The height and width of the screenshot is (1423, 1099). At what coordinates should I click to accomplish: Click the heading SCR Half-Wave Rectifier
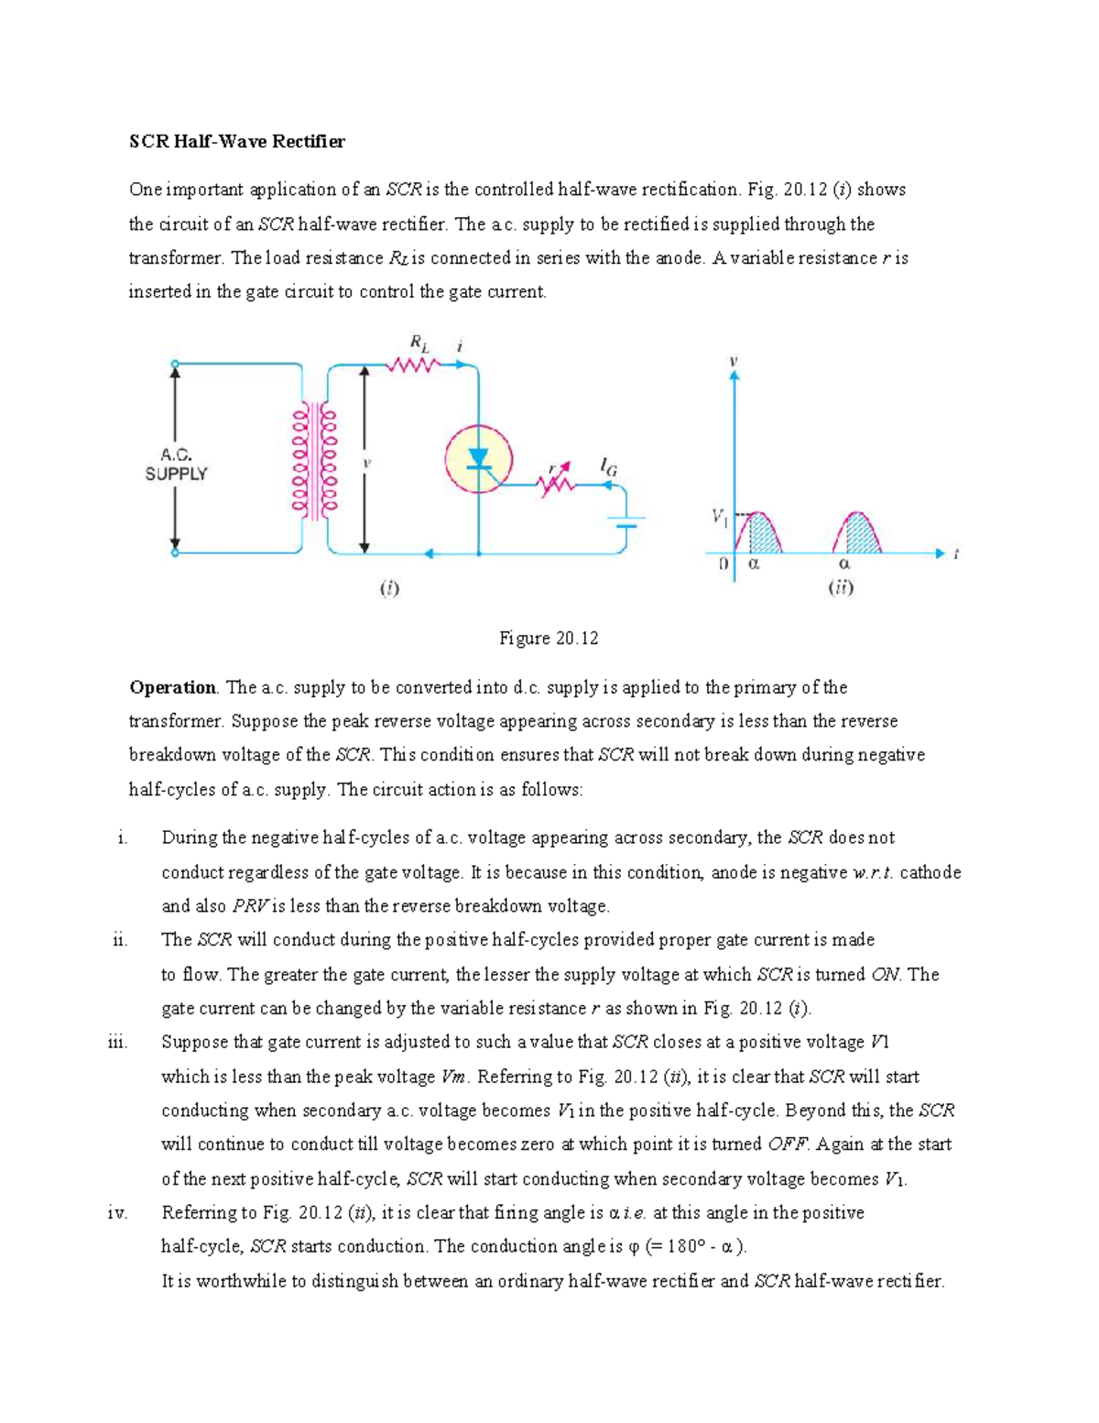tap(237, 141)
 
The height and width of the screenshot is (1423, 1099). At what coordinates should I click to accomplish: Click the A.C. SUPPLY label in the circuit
tap(176, 465)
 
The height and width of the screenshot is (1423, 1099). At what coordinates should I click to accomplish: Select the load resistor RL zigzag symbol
tap(413, 366)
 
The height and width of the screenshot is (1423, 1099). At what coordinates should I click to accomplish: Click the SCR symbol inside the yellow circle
tap(478, 459)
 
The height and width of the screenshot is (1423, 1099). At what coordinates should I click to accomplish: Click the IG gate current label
tap(608, 467)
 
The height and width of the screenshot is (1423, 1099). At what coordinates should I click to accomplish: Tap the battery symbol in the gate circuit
tap(626, 522)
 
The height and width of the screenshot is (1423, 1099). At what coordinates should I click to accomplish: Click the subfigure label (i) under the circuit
tap(390, 588)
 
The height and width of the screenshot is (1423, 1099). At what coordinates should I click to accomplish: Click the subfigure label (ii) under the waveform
tap(841, 588)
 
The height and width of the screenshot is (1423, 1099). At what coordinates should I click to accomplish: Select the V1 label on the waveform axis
tap(720, 518)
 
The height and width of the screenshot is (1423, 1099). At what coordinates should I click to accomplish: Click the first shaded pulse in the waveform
tap(764, 535)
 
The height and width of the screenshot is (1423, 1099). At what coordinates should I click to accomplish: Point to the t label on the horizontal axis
tap(955, 553)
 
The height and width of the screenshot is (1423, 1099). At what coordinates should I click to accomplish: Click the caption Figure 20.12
tap(549, 639)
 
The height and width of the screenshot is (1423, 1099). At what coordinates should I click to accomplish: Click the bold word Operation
tap(172, 687)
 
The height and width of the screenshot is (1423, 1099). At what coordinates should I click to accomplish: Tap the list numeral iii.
tap(117, 1042)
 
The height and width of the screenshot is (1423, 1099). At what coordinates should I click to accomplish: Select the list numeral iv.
tap(117, 1213)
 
